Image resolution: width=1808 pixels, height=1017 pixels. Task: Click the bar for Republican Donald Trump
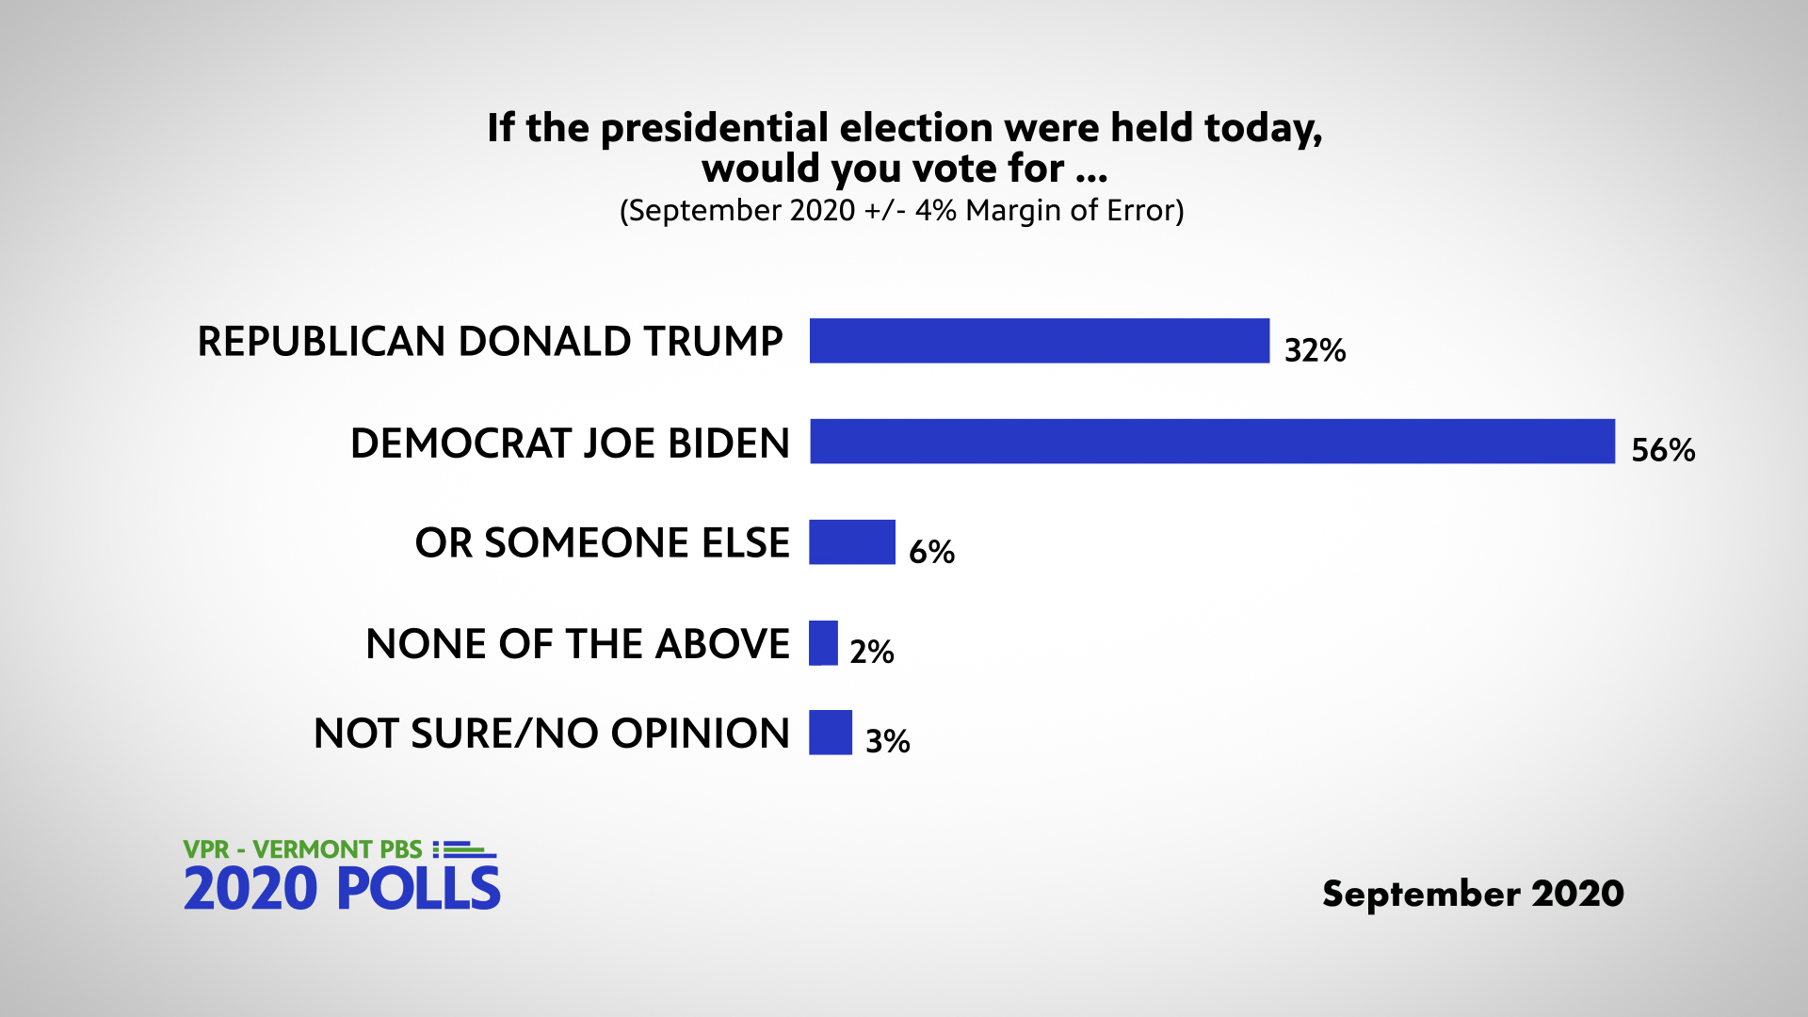1039,341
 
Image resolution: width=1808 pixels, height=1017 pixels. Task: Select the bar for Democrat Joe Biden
1212,442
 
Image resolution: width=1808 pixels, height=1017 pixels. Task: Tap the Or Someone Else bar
851,542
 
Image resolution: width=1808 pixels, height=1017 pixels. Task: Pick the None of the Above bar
823,643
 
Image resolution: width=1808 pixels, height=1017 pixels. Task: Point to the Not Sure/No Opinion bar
830,733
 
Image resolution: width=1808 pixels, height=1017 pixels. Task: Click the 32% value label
1315,350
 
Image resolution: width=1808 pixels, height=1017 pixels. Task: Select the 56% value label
1663,450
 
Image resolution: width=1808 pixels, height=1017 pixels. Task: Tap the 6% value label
931,551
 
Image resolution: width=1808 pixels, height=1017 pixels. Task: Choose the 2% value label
871,652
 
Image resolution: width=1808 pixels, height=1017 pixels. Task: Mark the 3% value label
887,741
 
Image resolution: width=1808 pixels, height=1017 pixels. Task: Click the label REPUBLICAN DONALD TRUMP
490,341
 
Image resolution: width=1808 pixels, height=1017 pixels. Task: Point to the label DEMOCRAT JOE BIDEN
570,443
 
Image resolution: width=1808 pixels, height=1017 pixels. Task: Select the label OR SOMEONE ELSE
602,543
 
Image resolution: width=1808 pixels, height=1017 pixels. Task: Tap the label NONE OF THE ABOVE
577,644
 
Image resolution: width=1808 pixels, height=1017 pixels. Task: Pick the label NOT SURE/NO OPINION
551,734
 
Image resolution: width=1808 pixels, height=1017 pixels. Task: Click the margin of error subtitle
901,210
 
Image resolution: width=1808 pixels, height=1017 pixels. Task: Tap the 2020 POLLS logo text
342,889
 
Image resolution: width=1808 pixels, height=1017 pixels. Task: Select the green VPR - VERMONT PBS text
302,849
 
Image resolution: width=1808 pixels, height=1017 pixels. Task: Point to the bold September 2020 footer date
1473,894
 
